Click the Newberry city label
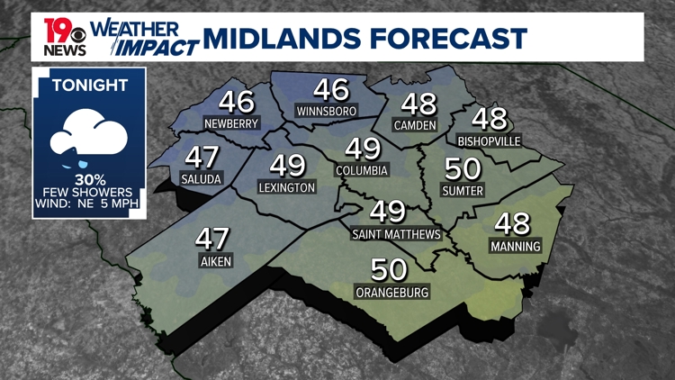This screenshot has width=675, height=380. (231, 123)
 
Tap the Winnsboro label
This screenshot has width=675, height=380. (327, 111)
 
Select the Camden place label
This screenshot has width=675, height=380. (415, 125)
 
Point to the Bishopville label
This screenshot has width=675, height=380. (489, 141)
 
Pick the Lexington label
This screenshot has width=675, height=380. (287, 187)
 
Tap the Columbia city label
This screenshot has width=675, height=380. (362, 170)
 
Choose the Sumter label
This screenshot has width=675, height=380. (463, 191)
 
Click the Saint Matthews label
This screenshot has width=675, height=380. (397, 234)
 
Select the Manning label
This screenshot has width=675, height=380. (516, 246)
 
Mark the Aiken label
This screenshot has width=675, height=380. (213, 262)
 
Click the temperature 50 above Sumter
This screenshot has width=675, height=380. (463, 169)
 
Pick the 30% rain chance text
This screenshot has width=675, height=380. (88, 179)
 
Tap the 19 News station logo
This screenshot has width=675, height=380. (65, 36)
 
